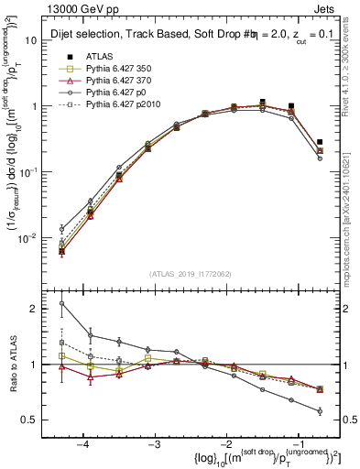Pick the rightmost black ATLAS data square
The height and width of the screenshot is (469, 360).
[320, 142]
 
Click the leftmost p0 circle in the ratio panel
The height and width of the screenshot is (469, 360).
[62, 303]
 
